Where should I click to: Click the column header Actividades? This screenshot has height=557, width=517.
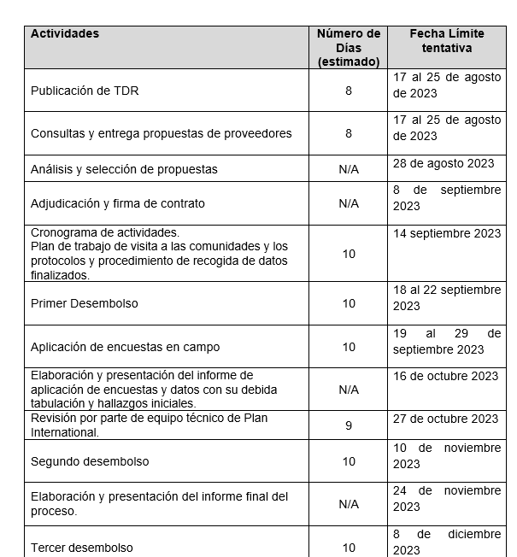tap(65, 34)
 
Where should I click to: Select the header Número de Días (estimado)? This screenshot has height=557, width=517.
tap(349, 48)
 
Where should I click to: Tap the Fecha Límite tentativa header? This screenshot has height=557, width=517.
tap(446, 41)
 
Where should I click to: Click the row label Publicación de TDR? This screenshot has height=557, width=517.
tap(85, 91)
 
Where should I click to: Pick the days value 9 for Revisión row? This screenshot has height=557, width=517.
tap(349, 425)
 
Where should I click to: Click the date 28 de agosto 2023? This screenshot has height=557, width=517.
tap(444, 163)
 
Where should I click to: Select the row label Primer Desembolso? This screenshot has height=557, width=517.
tap(85, 303)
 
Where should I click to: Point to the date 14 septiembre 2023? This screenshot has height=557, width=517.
tap(447, 233)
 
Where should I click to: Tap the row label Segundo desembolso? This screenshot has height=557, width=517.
tap(90, 461)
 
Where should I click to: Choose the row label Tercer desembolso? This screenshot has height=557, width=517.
tap(82, 548)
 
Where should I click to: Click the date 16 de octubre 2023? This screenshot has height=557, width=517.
tap(445, 376)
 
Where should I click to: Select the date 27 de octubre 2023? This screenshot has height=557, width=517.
tap(445, 419)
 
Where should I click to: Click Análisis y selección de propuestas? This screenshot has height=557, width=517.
tap(124, 169)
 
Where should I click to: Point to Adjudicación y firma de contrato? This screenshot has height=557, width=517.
tap(118, 203)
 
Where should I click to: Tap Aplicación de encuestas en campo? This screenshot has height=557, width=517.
tap(125, 347)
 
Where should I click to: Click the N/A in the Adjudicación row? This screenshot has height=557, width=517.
tap(349, 203)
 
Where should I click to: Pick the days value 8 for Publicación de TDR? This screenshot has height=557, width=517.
tap(349, 91)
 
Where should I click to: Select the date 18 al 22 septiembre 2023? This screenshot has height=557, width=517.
tap(446, 297)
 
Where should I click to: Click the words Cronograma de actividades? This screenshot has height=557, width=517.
tap(105, 232)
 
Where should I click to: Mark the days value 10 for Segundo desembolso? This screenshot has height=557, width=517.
tap(349, 461)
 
